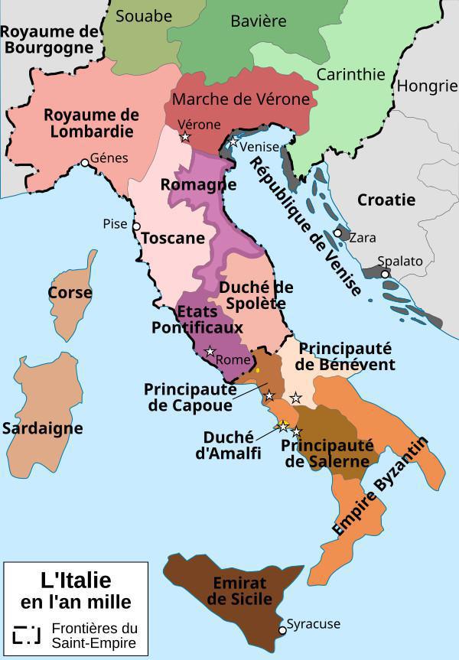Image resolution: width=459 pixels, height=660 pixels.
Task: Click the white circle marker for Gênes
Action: tap(85, 162)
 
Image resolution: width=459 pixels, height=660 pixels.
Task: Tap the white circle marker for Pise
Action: tap(136, 226)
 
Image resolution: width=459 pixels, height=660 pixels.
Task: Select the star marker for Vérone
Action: tap(185, 138)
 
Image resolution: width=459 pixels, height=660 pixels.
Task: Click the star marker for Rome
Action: tap(210, 352)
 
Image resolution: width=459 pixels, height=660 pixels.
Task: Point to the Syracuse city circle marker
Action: tap(282, 629)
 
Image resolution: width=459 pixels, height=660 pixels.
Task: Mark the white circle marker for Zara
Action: tap(337, 234)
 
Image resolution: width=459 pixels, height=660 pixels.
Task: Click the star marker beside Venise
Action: tap(233, 142)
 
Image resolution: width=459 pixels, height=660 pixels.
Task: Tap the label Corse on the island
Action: tap(70, 292)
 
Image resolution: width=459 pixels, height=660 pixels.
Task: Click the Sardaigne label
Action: tap(42, 428)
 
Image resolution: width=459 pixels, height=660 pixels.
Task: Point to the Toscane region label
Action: tap(173, 238)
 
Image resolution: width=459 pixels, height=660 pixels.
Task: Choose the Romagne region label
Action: tap(198, 185)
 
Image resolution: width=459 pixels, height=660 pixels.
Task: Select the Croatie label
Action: tap(386, 200)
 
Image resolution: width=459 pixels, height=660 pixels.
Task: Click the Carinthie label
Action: tap(350, 75)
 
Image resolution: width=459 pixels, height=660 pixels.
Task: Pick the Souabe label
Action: tap(144, 15)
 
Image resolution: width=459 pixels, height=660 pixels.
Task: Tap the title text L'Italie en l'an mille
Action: tap(75, 590)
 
